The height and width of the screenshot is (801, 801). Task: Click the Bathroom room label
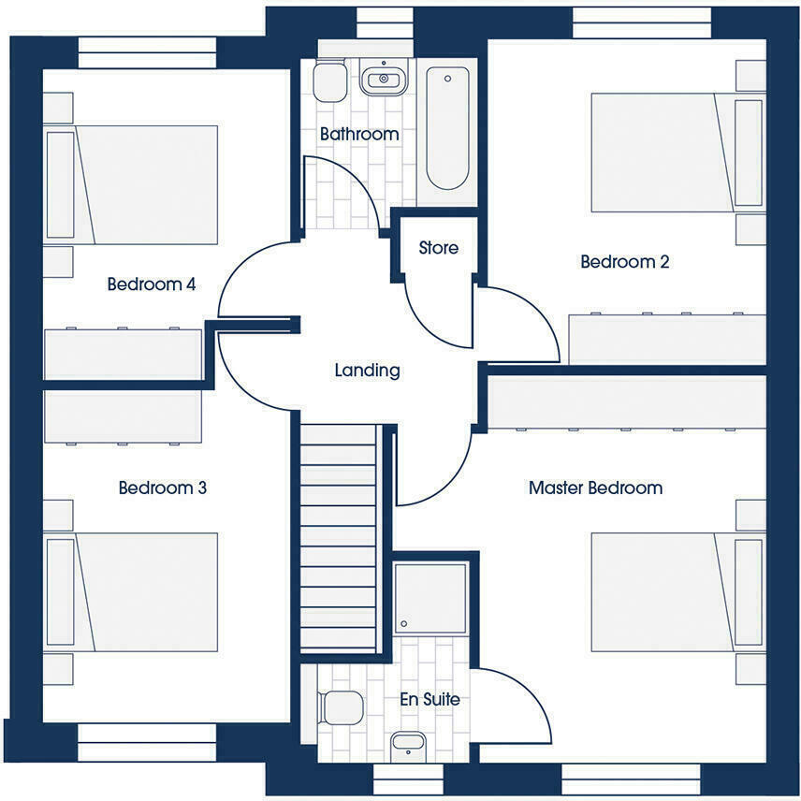pyautogui.click(x=359, y=135)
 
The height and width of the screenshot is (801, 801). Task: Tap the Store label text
pyautogui.click(x=438, y=248)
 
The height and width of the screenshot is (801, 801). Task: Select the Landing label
pyautogui.click(x=367, y=371)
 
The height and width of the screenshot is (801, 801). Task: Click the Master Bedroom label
pyautogui.click(x=595, y=488)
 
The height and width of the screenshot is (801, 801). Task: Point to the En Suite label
pyautogui.click(x=430, y=699)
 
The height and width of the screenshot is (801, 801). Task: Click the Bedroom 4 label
pyautogui.click(x=151, y=284)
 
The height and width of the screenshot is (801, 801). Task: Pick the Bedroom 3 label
pyautogui.click(x=162, y=488)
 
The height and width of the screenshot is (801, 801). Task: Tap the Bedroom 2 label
pyautogui.click(x=624, y=262)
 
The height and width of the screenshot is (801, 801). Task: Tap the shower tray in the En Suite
pyautogui.click(x=430, y=597)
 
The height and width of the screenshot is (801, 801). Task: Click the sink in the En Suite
pyautogui.click(x=408, y=744)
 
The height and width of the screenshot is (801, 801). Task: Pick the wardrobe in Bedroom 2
pyautogui.click(x=667, y=339)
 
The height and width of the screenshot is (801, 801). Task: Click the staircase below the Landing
pyautogui.click(x=338, y=538)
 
